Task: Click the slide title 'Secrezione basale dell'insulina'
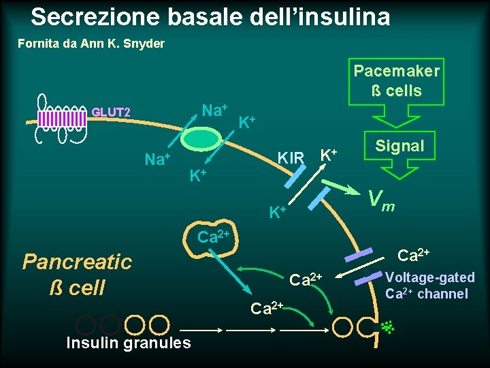pyautogui.click(x=210, y=16)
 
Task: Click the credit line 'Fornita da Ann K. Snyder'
pyautogui.click(x=91, y=44)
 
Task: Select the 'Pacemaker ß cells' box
pyautogui.click(x=396, y=81)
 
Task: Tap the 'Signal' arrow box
pyautogui.click(x=399, y=146)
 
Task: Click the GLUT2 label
pyautogui.click(x=112, y=112)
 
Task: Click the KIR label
pyautogui.click(x=290, y=159)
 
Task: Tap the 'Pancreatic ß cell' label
pyautogui.click(x=77, y=274)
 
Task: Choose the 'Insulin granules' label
pyautogui.click(x=129, y=343)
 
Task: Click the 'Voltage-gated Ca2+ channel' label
pyautogui.click(x=429, y=286)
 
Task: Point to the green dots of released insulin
pyautogui.click(x=389, y=327)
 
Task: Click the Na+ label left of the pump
pyautogui.click(x=157, y=159)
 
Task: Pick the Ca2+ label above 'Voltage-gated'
pyautogui.click(x=412, y=256)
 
